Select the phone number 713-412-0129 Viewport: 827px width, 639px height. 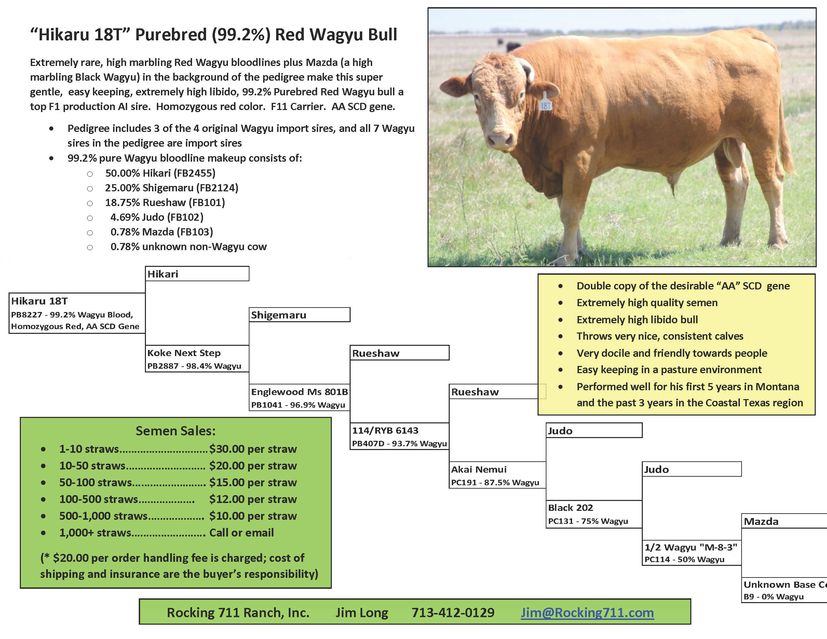point(453,612)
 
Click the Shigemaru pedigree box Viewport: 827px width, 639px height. point(299,315)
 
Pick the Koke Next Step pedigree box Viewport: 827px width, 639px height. point(197,358)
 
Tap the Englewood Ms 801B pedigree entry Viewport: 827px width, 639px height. point(299,397)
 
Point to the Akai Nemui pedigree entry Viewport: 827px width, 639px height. point(498,475)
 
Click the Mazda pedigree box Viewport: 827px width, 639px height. point(784,521)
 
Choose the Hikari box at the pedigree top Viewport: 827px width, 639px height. point(197,274)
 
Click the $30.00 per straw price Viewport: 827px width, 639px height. point(253,449)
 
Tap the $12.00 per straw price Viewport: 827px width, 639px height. point(253,499)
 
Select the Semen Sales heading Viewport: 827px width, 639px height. point(176,431)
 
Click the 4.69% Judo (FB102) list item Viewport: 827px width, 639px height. point(157,217)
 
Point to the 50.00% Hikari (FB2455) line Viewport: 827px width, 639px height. point(160,173)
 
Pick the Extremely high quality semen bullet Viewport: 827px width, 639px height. point(647,302)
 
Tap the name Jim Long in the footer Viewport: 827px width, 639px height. point(362,612)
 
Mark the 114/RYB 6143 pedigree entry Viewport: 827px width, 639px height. point(399,436)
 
